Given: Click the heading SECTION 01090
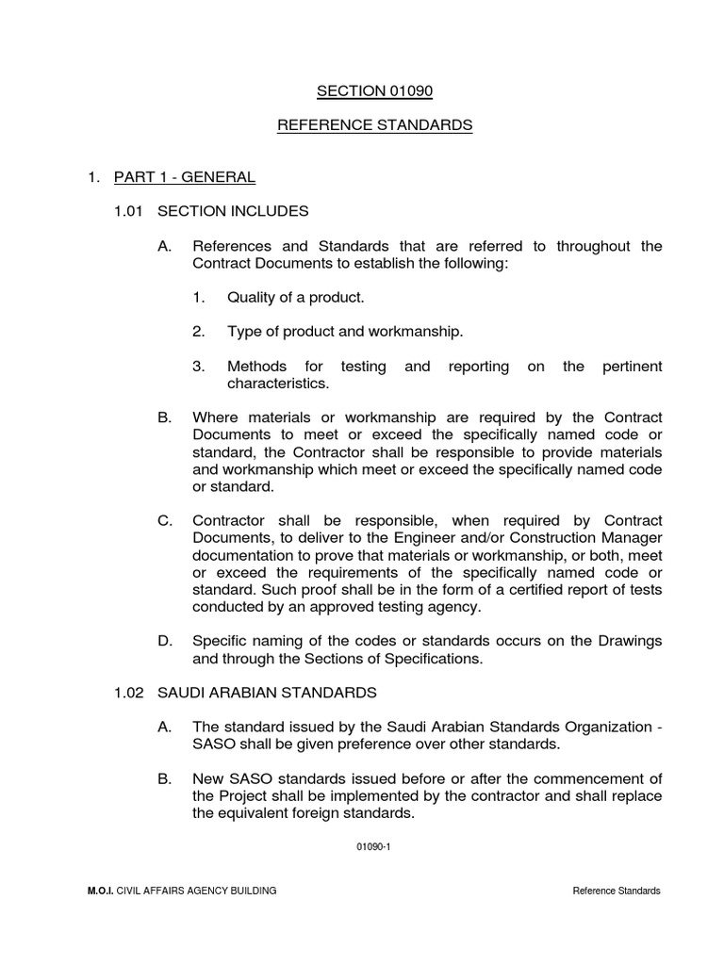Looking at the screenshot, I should [374, 91].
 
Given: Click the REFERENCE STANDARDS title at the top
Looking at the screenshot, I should [374, 126].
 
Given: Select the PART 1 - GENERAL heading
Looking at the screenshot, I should [184, 176].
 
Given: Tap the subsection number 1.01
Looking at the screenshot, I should [128, 211].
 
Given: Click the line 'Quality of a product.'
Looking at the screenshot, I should [295, 298].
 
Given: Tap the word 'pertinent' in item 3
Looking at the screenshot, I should [632, 367].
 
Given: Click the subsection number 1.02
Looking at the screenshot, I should [128, 693].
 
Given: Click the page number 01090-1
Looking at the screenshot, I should [373, 846].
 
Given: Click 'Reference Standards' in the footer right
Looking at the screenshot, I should [617, 891].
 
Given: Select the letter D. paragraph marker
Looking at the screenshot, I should [165, 641].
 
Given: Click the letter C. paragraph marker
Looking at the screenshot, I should [165, 521].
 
